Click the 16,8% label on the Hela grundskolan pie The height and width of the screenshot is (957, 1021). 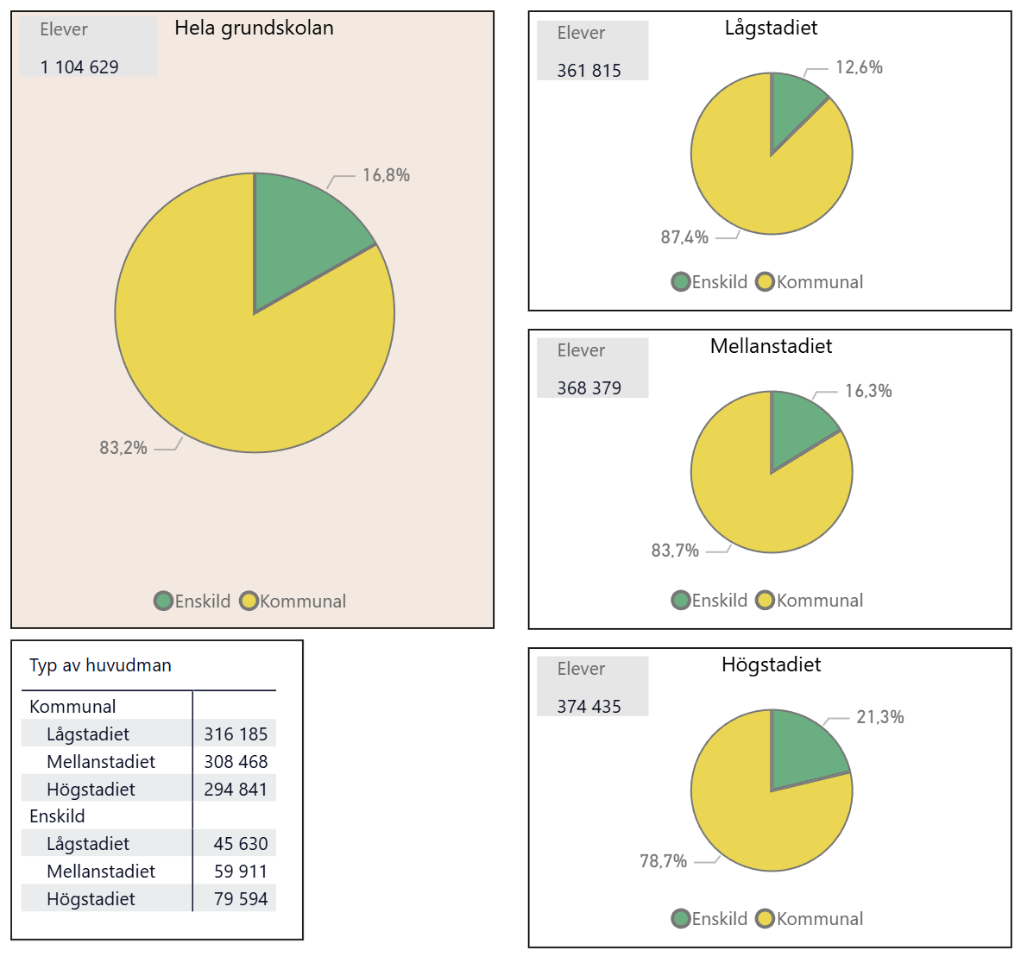click(386, 175)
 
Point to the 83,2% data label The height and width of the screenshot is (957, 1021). click(123, 448)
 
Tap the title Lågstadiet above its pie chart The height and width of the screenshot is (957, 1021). click(771, 28)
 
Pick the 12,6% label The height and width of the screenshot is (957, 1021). click(859, 67)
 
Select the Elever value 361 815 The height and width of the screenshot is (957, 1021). click(589, 71)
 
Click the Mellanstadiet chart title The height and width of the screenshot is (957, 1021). click(771, 346)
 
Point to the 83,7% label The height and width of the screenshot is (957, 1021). click(675, 551)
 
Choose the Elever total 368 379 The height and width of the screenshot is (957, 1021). click(589, 388)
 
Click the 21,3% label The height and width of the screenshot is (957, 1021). click(879, 717)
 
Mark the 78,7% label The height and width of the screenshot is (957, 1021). click(663, 861)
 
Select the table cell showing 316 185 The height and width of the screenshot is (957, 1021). click(236, 734)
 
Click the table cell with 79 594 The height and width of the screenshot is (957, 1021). click(241, 899)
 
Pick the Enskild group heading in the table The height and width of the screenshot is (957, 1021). click(57, 816)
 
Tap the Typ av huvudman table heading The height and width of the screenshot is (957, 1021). click(100, 665)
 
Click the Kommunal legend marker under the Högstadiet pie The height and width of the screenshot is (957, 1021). click(765, 919)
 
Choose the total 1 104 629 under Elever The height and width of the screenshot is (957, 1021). click(79, 67)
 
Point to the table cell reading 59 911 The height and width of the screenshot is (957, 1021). click(241, 872)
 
